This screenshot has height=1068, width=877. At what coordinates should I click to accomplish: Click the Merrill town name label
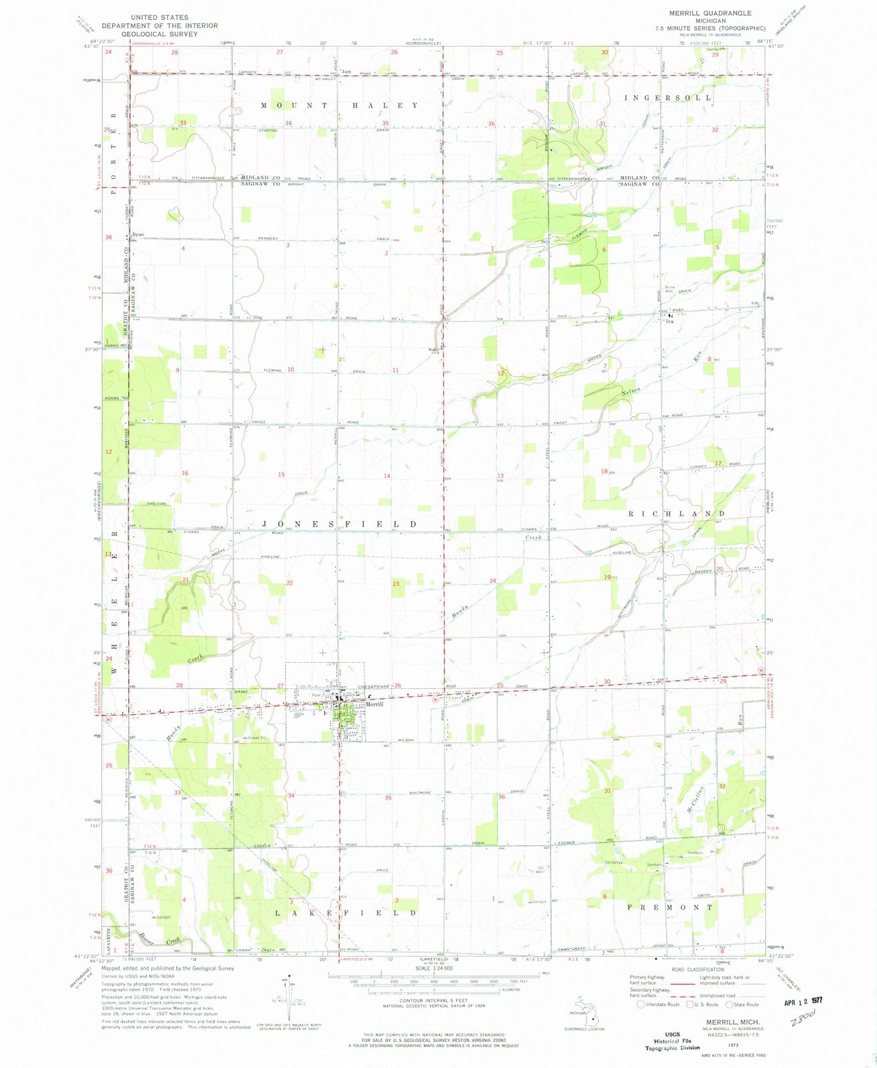click(374, 704)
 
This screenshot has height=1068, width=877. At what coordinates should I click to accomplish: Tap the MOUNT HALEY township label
click(340, 105)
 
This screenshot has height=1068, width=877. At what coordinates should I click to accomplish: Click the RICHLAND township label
click(677, 513)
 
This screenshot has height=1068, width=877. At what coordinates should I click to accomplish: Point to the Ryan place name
click(138, 234)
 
